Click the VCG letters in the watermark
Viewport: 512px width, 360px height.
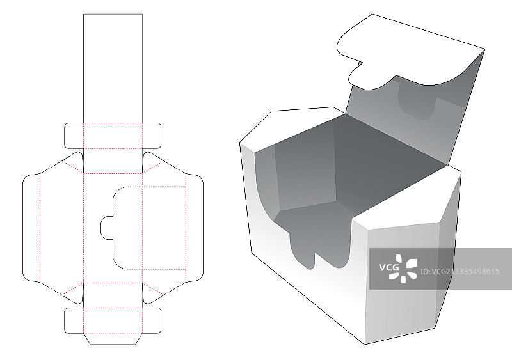389,268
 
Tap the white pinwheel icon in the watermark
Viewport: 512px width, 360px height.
403,269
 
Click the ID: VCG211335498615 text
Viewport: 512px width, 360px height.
460,272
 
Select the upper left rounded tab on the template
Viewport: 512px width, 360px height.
74,136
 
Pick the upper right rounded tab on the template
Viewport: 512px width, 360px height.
152,136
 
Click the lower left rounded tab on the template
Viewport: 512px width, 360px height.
74,320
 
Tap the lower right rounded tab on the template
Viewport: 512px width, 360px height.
152,320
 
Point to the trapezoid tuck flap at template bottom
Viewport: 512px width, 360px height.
113,339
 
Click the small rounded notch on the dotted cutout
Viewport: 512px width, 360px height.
106,228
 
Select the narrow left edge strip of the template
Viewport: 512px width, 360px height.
31,228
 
